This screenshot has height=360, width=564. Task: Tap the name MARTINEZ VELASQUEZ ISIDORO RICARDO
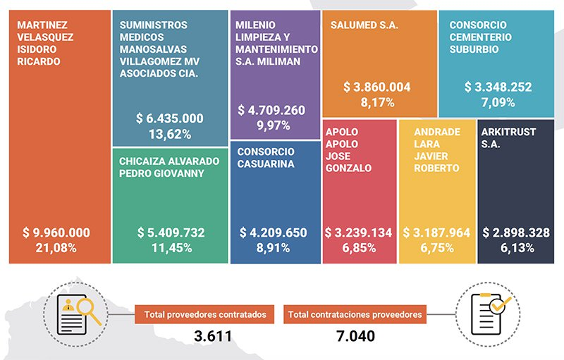tap(42, 42)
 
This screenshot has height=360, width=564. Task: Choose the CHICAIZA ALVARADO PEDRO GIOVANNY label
tap(162, 166)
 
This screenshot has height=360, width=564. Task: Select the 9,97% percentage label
tap(276, 125)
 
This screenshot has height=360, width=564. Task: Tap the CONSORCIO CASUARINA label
tap(266, 158)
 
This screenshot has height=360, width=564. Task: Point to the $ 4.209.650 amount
tap(276, 232)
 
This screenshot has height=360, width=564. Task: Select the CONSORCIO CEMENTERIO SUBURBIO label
tap(481, 37)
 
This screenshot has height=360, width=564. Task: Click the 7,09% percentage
tap(498, 102)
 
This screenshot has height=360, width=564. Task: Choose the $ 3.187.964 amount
tap(436, 232)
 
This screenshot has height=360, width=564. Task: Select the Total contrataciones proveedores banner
tap(355, 315)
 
